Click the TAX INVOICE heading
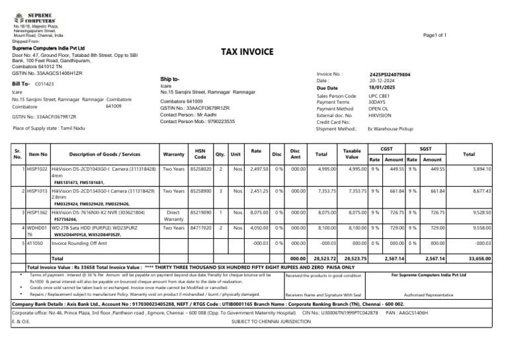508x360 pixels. tap(247, 52)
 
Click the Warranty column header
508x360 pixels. tap(173, 154)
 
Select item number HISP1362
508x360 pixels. tap(38, 212)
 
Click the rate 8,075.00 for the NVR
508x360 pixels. tap(259, 212)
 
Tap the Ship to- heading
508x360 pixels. tap(170, 78)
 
